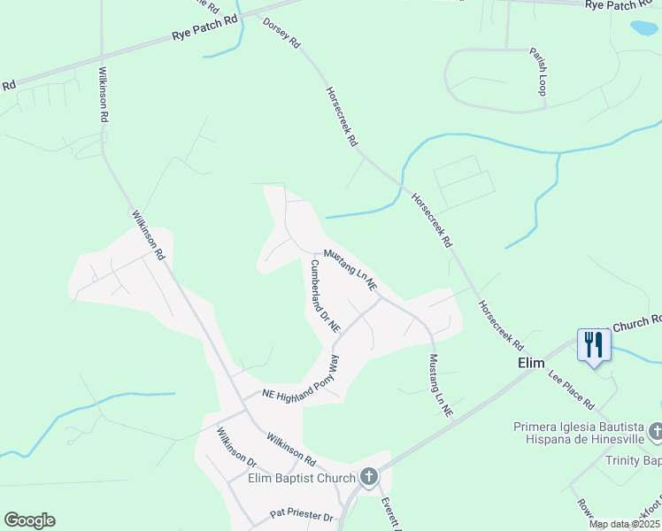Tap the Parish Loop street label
539,71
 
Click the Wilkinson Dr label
236,447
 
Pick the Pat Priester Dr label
301,515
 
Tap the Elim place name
530,363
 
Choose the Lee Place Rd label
571,390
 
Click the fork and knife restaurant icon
594,344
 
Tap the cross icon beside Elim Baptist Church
369,478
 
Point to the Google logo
29,520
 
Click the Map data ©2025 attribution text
624,524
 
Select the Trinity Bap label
633,460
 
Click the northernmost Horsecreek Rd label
342,116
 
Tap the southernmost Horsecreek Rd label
501,324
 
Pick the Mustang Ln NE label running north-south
440,386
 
